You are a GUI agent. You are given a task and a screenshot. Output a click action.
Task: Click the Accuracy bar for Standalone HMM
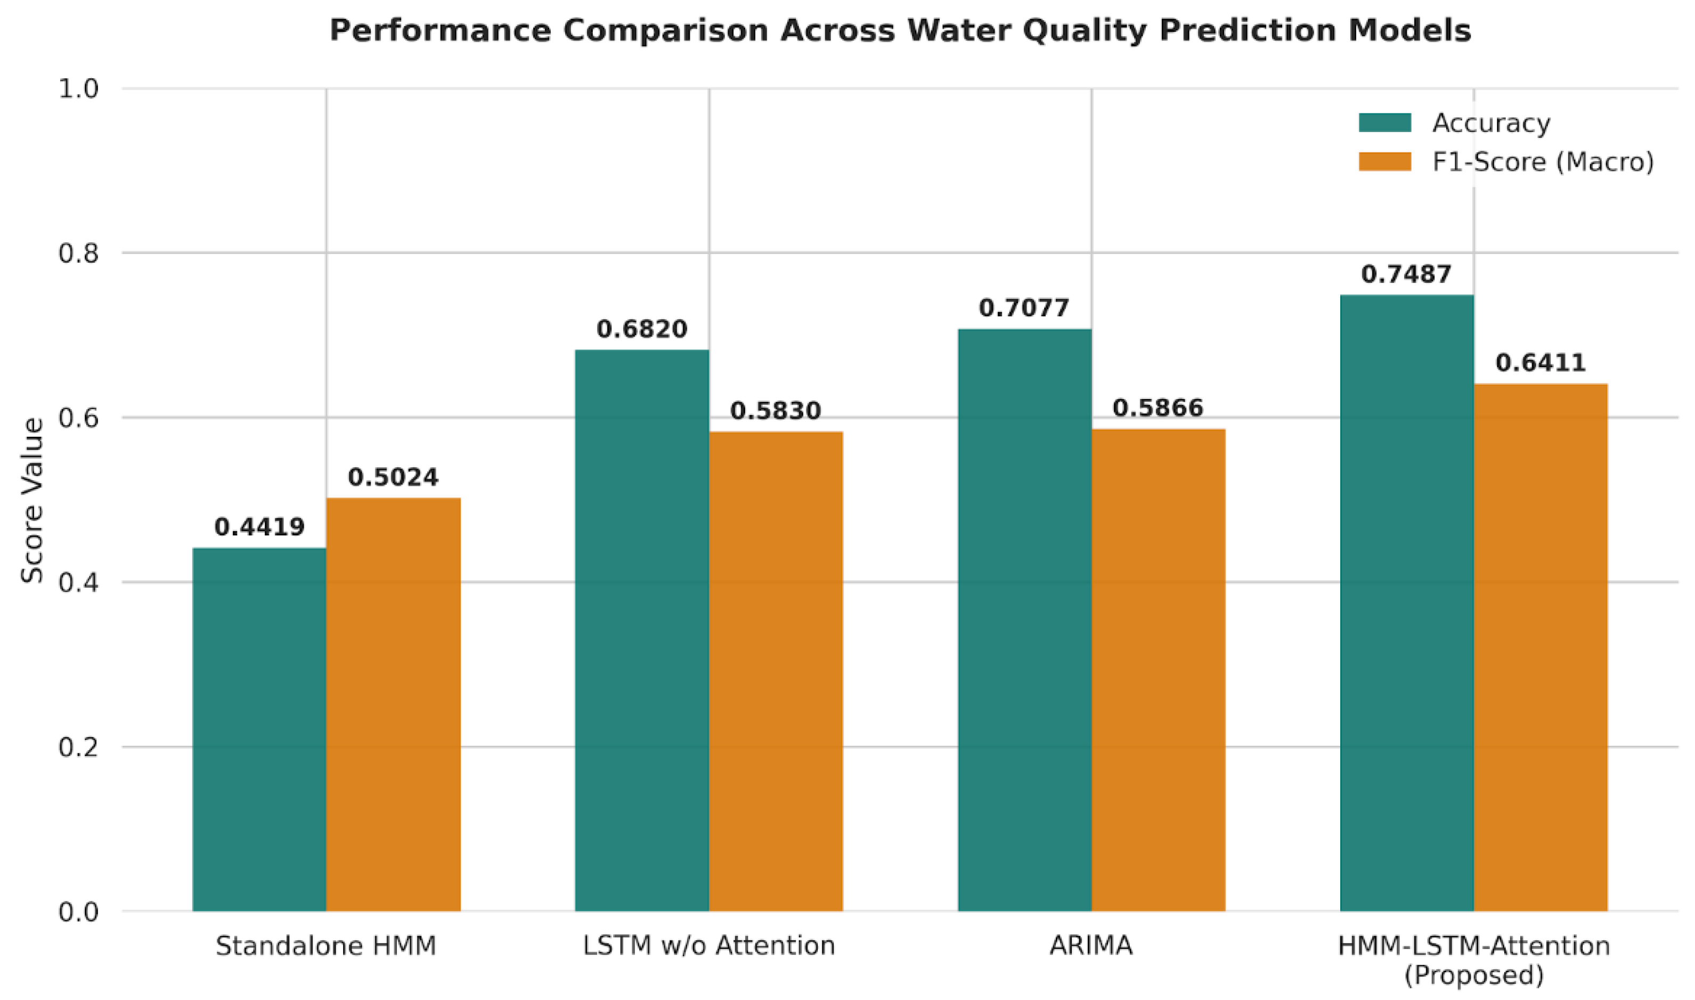[259, 730]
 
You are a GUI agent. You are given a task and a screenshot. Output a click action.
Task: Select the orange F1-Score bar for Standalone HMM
[394, 705]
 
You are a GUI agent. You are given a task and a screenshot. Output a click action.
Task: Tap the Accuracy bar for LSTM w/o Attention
[642, 631]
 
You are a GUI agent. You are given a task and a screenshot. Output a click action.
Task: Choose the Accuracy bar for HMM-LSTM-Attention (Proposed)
[1407, 603]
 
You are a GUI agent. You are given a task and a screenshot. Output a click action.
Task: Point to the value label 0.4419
[259, 527]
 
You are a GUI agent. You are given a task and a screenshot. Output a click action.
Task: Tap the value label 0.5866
[1158, 408]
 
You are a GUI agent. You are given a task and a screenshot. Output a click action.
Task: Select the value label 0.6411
[1541, 363]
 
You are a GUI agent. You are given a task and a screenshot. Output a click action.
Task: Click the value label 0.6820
[642, 329]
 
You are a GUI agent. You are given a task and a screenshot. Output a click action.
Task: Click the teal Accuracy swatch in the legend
[1385, 123]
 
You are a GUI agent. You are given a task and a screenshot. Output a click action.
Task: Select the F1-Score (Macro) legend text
[1543, 162]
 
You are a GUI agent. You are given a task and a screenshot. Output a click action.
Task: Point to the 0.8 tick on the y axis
[78, 254]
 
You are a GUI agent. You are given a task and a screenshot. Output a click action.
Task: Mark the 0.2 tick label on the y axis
[78, 746]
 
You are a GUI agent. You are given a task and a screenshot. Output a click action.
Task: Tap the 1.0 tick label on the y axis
[78, 88]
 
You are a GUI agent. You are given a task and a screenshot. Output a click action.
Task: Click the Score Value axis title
[31, 500]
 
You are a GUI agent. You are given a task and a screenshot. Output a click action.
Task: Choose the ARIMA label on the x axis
[1091, 946]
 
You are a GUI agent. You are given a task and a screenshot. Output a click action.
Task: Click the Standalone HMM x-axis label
[326, 946]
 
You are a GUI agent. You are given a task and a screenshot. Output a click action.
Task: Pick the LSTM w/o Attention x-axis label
[708, 946]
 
